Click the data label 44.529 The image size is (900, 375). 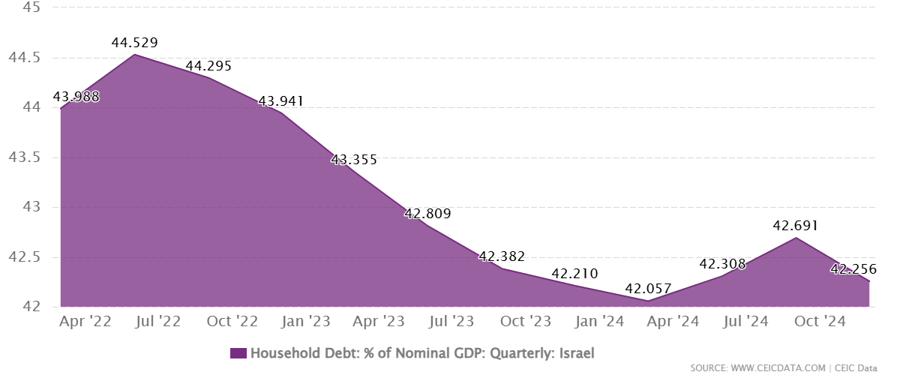pos(134,43)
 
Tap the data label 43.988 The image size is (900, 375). pos(75,97)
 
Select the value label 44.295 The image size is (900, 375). pos(208,66)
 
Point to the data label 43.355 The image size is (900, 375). pos(354,160)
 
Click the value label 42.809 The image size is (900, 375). pos(427,214)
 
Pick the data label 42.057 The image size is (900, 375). pos(648,289)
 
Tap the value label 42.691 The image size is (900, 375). pos(794,226)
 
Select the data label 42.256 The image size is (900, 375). pos(853,269)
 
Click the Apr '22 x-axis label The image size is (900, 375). pos(85,321)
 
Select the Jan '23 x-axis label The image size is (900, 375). pos(305,321)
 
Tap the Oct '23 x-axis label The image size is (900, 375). pos(526,321)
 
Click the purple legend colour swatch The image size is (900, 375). pos(238,352)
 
